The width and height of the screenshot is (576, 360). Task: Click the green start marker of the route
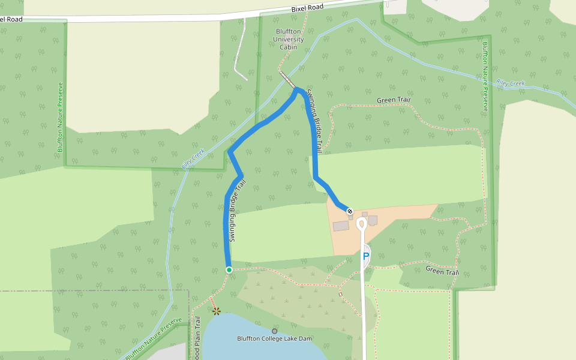[x=229, y=270]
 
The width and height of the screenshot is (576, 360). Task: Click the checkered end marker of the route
[x=349, y=211]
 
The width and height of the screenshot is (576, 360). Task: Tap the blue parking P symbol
[x=365, y=257]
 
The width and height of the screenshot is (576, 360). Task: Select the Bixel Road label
[x=307, y=8]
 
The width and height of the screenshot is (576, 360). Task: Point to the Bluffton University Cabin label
[x=289, y=39]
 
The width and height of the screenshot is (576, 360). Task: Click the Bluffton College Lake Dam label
[x=274, y=338]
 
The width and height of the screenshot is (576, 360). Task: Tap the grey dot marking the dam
[x=275, y=331]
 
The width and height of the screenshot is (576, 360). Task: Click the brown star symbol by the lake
[x=216, y=311]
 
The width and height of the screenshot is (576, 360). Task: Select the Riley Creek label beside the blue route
[x=193, y=159]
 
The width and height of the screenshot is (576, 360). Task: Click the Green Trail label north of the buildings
[x=393, y=100]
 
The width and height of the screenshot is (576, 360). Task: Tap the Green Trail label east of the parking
[x=442, y=272]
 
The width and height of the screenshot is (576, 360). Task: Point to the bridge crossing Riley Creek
[x=287, y=79]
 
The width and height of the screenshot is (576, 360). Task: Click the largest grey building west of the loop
[x=341, y=226]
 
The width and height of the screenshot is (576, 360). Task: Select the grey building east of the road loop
[x=373, y=220]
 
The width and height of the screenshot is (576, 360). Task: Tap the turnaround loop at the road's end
[x=361, y=224]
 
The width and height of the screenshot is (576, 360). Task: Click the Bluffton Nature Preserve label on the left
[x=60, y=116]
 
